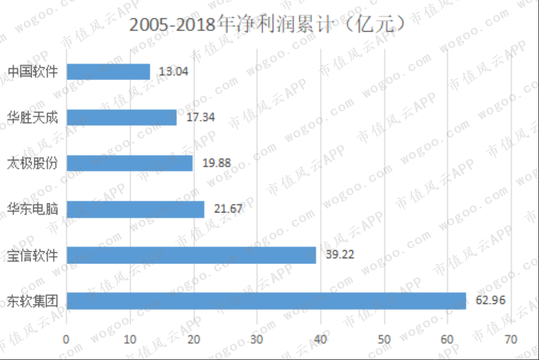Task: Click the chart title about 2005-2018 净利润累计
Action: [267, 25]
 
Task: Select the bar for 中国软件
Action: [108, 72]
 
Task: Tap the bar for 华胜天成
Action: [122, 117]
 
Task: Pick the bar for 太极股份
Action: [130, 163]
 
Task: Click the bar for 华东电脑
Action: [135, 209]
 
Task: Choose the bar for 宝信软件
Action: [192, 255]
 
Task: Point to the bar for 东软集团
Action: [266, 301]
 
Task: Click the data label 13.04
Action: [174, 71]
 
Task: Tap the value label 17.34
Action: [200, 117]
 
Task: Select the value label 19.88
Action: [217, 163]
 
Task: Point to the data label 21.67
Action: [228, 208]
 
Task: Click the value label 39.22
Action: [340, 254]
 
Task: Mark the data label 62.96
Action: [490, 300]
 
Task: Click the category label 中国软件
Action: [33, 71]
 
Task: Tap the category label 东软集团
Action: [33, 301]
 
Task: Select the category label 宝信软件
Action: [33, 255]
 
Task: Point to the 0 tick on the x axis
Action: [66, 340]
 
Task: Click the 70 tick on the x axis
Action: [511, 340]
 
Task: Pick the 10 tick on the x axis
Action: [130, 340]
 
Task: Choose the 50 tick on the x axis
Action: [384, 340]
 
